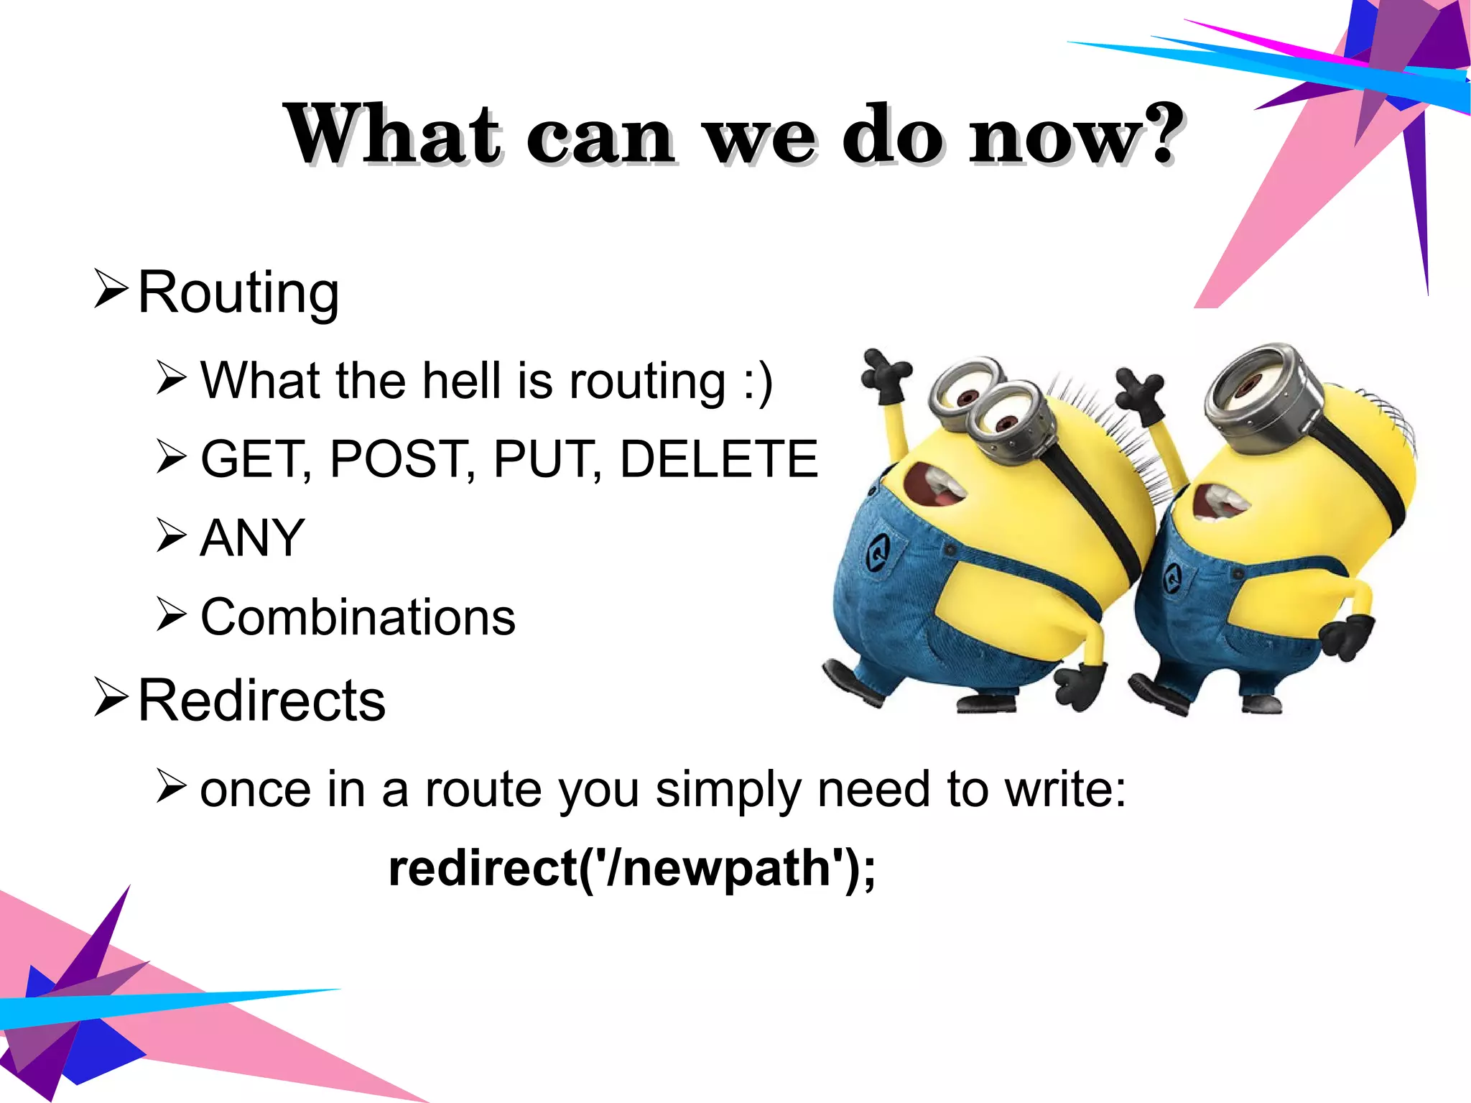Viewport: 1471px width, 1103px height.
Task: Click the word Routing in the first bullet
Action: [238, 292]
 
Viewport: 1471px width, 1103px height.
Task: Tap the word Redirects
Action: [261, 701]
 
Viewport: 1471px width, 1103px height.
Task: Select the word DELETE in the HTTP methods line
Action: [719, 458]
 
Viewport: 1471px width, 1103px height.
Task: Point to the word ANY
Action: [253, 537]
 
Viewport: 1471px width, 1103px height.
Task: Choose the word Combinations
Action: [358, 617]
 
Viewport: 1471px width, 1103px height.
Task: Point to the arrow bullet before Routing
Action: [111, 289]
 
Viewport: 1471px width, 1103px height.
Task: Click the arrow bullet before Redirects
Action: [111, 697]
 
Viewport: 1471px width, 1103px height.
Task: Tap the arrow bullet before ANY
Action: [172, 536]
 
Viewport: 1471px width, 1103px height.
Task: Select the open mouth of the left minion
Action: [932, 486]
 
